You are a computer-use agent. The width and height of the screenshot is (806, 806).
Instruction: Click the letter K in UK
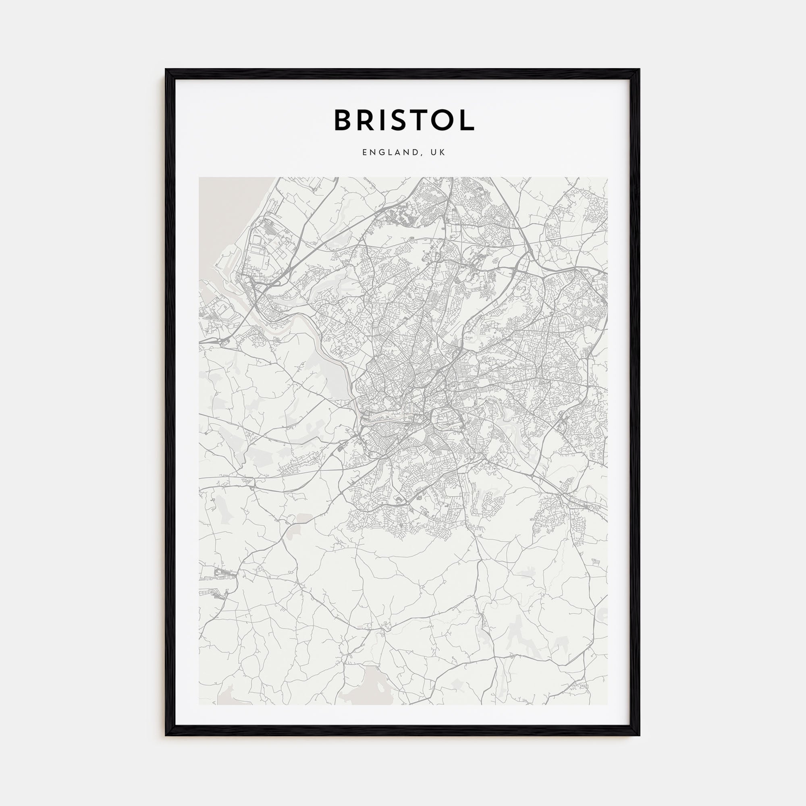[x=443, y=152]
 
